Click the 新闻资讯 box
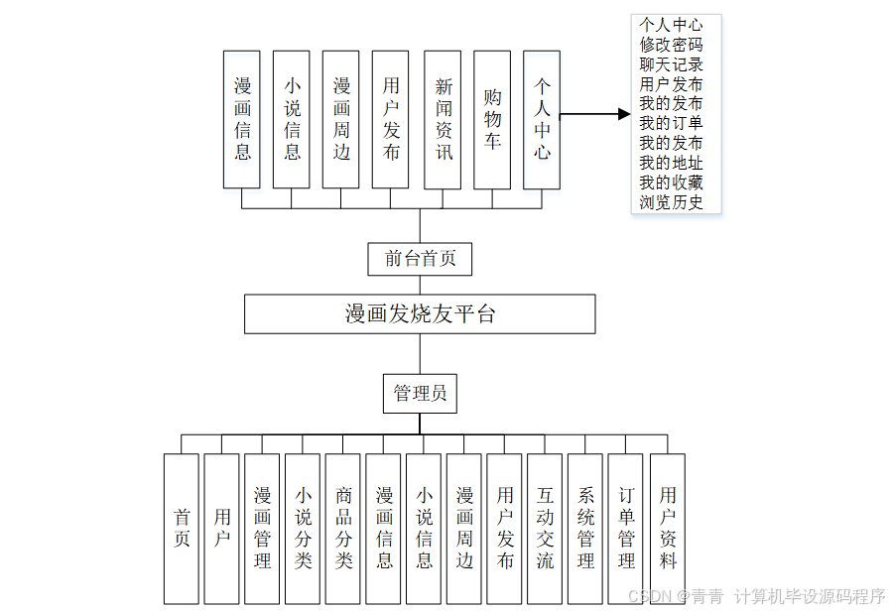pyautogui.click(x=443, y=120)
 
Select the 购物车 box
pyautogui.click(x=492, y=120)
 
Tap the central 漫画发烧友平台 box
pyautogui.click(x=420, y=314)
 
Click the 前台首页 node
pyautogui.click(x=420, y=259)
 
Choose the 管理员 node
pyautogui.click(x=420, y=393)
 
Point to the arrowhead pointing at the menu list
pyautogui.click(x=624, y=114)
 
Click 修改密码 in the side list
pyautogui.click(x=672, y=45)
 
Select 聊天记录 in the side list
pyautogui.click(x=672, y=64)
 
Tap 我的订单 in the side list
pyautogui.click(x=672, y=124)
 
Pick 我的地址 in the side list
pyautogui.click(x=672, y=164)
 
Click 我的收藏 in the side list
pyautogui.click(x=672, y=183)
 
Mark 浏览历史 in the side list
pyautogui.click(x=672, y=203)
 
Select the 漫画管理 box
pyautogui.click(x=262, y=529)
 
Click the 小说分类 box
pyautogui.click(x=303, y=529)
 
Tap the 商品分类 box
pyautogui.click(x=343, y=529)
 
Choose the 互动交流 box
pyautogui.click(x=545, y=529)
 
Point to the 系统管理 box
pyautogui.click(x=585, y=529)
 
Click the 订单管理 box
pyautogui.click(x=626, y=529)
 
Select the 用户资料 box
pyautogui.click(x=668, y=529)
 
